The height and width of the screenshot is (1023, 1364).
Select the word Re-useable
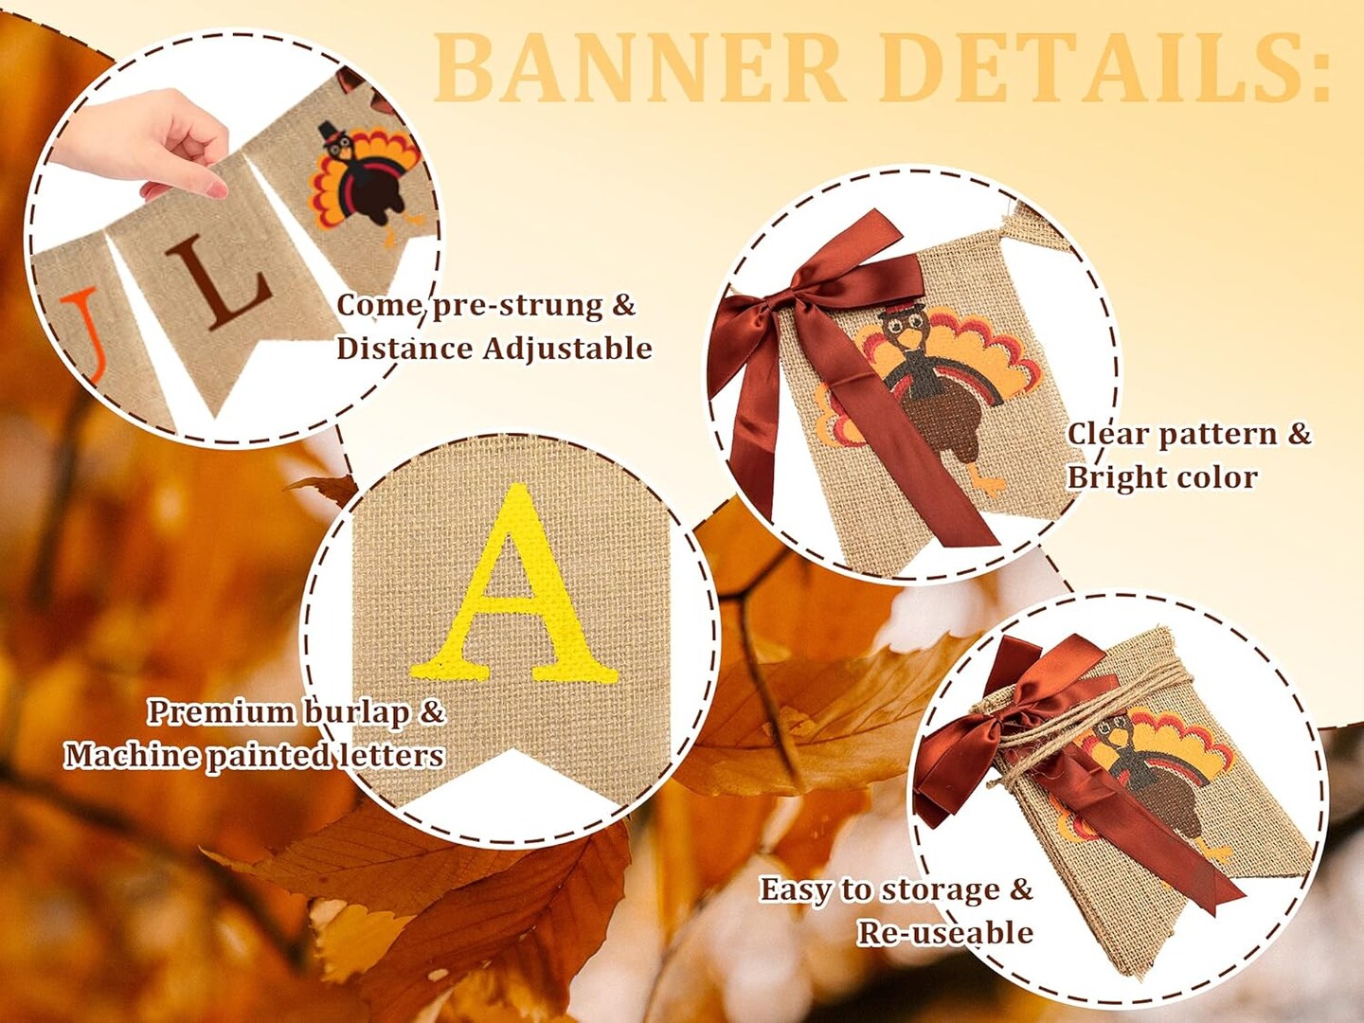tap(944, 933)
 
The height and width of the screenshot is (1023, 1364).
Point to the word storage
tap(938, 890)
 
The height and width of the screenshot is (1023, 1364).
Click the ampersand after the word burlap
tap(432, 712)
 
